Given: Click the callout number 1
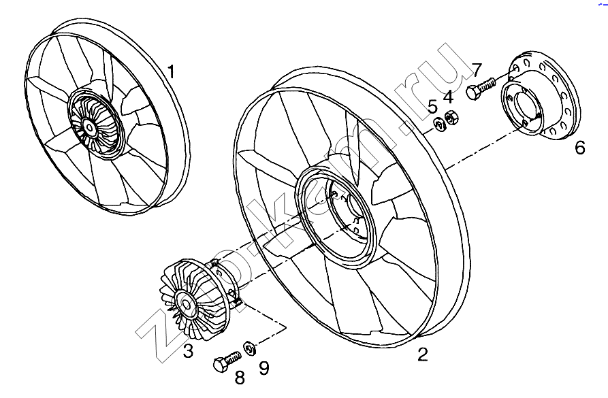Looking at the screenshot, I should [172, 71].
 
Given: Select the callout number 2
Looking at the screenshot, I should [423, 354].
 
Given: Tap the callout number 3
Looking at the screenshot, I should [189, 351].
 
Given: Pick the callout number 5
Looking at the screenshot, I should [432, 106].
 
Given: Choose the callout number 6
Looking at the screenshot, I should [579, 147].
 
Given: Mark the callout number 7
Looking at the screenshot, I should [477, 69].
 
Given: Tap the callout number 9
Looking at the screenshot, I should [263, 368].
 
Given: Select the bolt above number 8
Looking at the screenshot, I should [227, 361].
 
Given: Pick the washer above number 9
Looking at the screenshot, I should [249, 349].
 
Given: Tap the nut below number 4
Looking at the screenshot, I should [450, 118].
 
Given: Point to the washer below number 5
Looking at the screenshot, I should [438, 124].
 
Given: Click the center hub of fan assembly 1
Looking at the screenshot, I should [89, 127].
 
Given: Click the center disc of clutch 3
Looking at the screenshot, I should [183, 303].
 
